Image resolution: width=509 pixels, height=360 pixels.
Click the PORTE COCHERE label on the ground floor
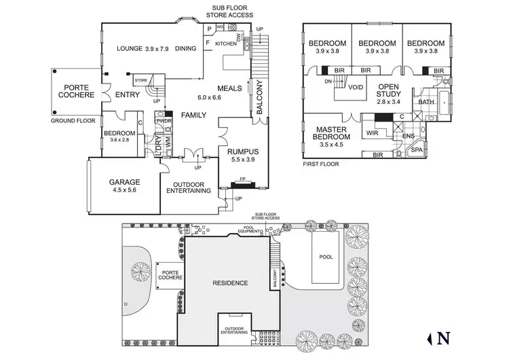coord(78,92)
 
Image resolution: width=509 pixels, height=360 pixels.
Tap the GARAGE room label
coord(125,182)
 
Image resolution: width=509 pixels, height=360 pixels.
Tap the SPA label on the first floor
coord(417,149)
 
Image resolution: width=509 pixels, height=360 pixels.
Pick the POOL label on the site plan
coord(327,257)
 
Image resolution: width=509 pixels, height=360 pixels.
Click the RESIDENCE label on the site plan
coord(230,283)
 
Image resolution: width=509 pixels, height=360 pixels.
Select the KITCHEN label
coord(226,43)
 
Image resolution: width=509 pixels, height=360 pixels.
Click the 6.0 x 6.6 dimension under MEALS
coord(210,97)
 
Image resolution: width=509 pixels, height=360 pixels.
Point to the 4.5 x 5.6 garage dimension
coord(125,191)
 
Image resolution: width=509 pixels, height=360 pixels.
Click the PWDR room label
coord(164,121)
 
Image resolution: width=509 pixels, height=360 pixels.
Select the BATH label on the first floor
coord(426,102)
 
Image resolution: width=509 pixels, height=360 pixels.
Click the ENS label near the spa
coord(408,136)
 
